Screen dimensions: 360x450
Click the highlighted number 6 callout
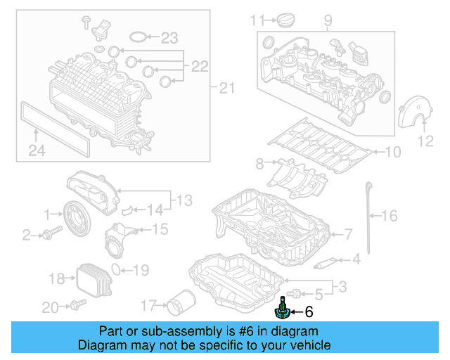click(x=308, y=311)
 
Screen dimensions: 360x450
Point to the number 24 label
click(x=36, y=150)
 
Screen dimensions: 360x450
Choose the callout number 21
click(x=225, y=88)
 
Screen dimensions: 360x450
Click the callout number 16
click(x=389, y=216)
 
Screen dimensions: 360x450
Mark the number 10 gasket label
click(x=391, y=151)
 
